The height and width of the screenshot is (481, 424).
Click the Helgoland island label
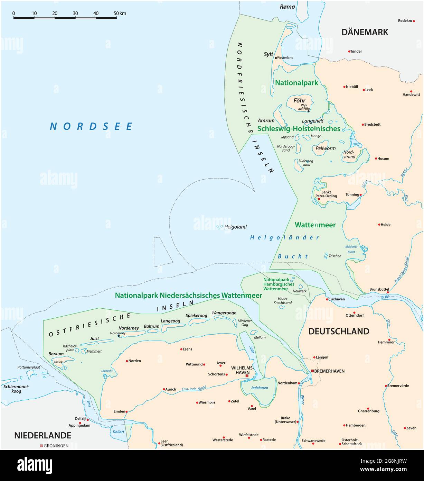click(x=235, y=227)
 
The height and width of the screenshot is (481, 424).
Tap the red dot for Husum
click(x=376, y=158)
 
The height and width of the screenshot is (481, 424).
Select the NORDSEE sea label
click(x=91, y=126)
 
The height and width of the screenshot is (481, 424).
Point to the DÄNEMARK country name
click(x=365, y=32)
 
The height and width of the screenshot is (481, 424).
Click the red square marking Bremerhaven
click(x=312, y=371)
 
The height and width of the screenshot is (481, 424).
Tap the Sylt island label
click(x=268, y=54)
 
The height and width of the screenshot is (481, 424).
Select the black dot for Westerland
click(x=276, y=58)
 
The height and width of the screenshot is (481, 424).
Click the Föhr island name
click(x=299, y=101)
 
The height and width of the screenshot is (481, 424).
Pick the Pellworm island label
click(x=325, y=148)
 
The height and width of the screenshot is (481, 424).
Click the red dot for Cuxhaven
click(x=327, y=299)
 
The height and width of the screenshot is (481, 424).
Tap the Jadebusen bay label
click(x=259, y=388)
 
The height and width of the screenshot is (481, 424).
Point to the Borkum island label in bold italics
click(x=56, y=354)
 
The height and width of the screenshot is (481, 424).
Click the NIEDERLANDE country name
click(x=43, y=435)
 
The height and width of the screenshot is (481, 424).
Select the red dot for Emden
click(x=126, y=412)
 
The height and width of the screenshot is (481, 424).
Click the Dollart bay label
click(x=118, y=432)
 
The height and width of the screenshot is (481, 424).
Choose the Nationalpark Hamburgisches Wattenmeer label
click(x=279, y=284)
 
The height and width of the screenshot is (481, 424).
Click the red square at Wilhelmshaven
click(x=247, y=375)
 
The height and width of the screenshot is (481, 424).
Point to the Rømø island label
click(x=287, y=6)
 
